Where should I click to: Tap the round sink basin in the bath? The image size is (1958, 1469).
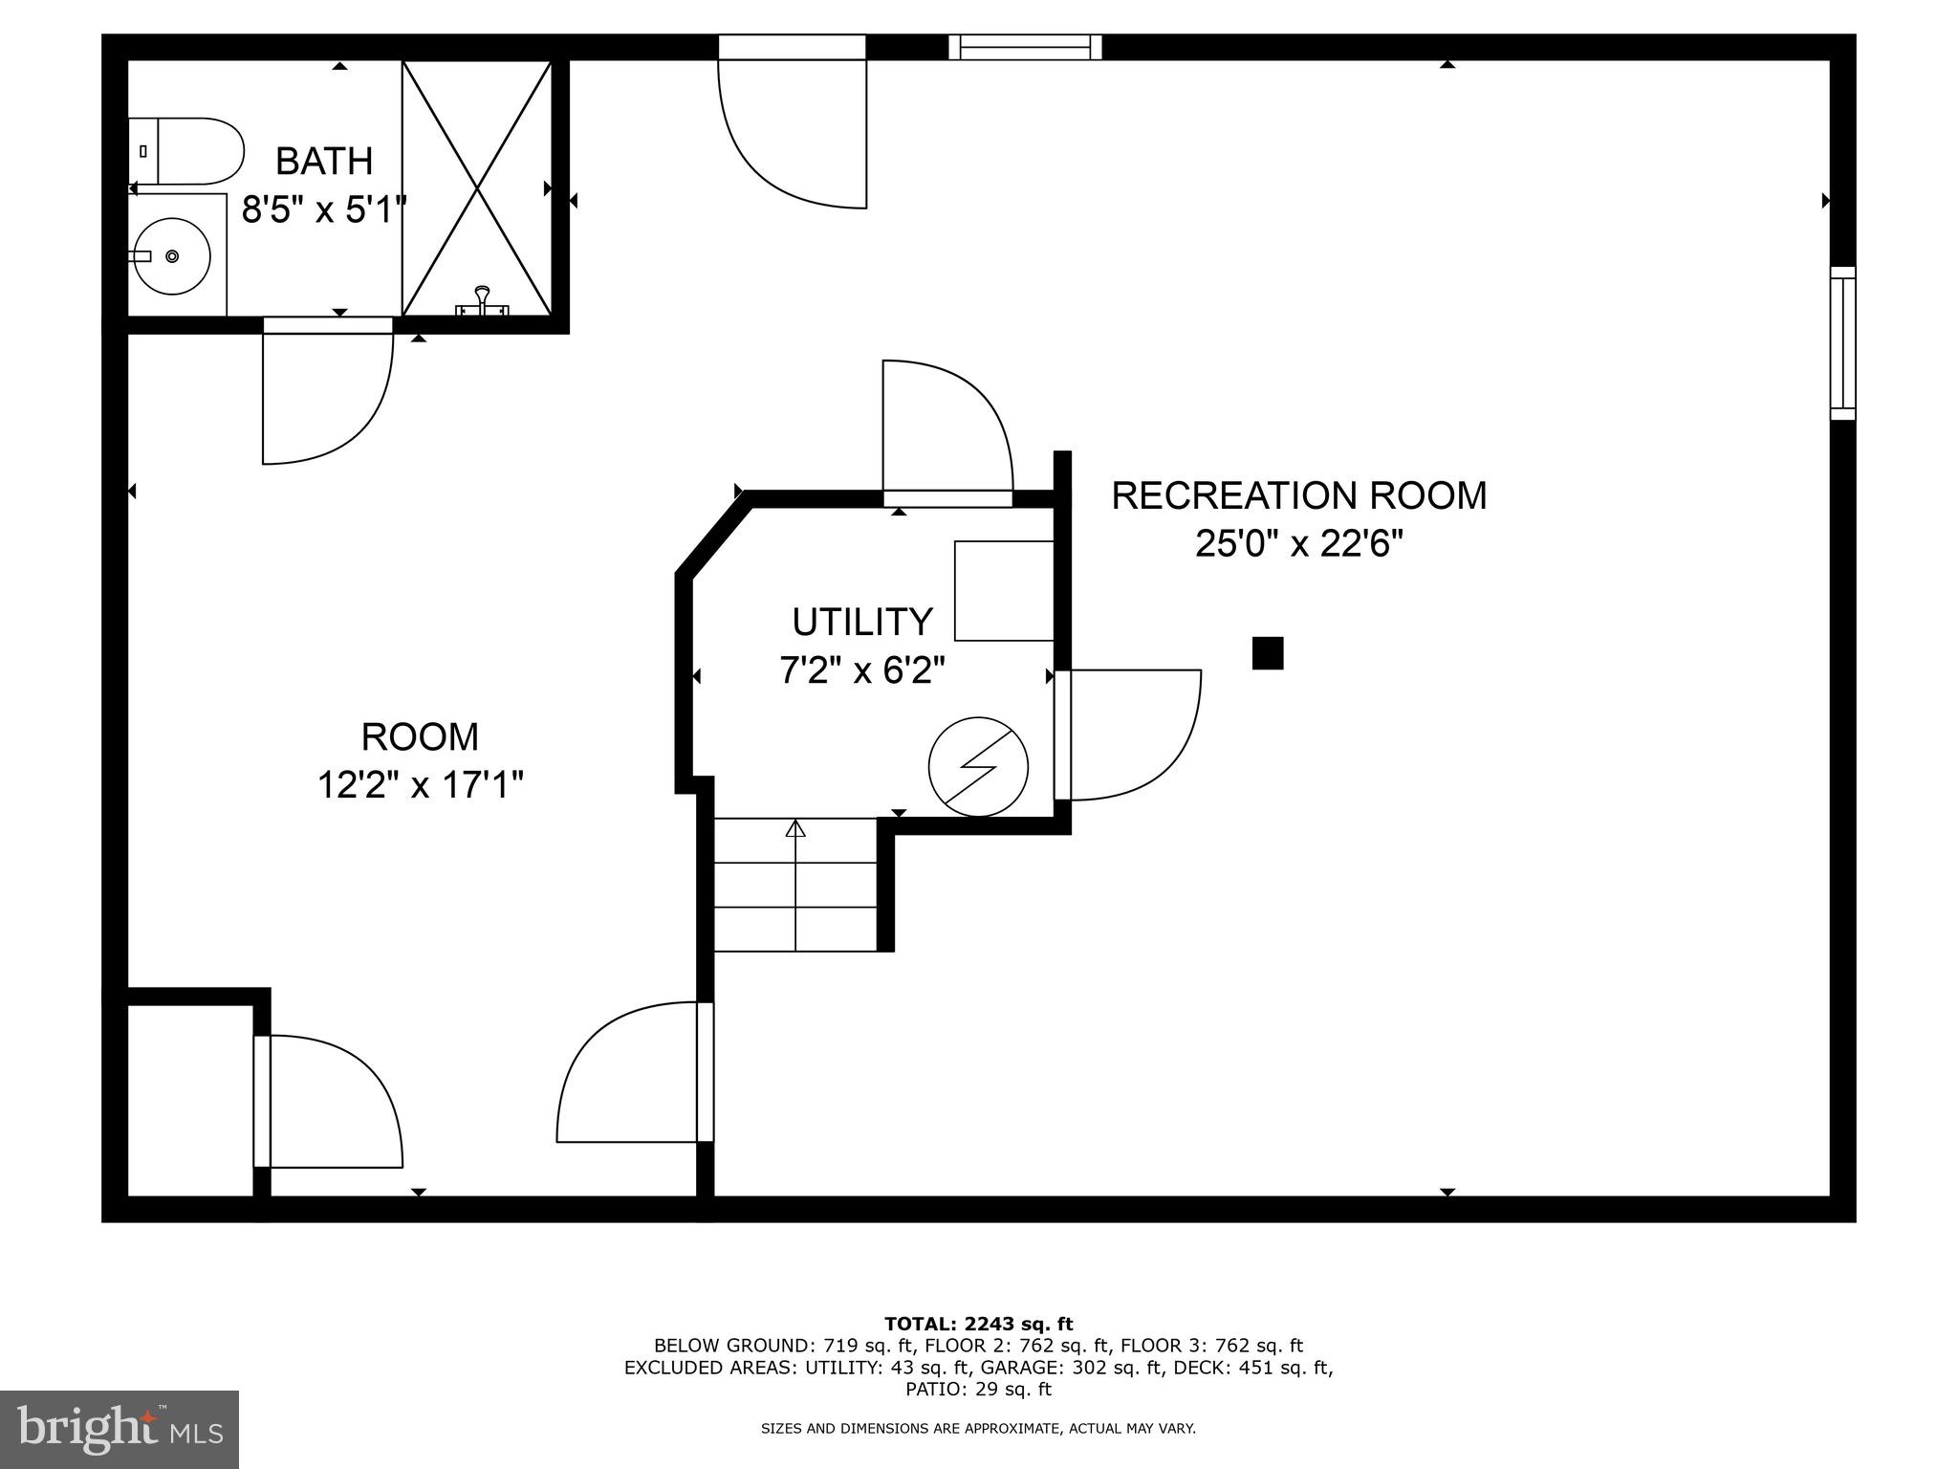[172, 255]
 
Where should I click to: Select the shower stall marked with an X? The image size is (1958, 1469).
[477, 187]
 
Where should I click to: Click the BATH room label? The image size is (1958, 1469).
[324, 161]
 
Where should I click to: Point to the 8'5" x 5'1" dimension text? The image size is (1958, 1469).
[324, 209]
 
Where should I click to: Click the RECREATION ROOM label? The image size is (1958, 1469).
[1298, 495]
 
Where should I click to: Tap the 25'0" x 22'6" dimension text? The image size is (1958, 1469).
[1298, 544]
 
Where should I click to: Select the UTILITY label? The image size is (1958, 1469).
[861, 622]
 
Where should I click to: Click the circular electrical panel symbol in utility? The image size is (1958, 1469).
[978, 766]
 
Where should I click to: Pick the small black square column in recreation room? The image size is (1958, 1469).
[1268, 653]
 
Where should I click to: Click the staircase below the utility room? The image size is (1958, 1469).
[795, 885]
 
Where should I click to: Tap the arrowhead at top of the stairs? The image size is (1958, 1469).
[795, 828]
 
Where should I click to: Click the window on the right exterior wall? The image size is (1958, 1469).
[1842, 342]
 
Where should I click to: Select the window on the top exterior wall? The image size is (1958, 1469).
[1025, 47]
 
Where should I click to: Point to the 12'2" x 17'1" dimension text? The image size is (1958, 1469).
[420, 785]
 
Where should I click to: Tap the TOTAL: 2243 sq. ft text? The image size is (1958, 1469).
[978, 1324]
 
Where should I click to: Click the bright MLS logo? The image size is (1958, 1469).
[120, 1429]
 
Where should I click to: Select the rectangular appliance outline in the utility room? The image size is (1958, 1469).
[1004, 590]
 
